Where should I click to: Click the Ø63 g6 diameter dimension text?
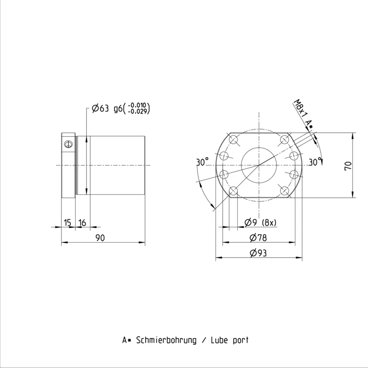107,109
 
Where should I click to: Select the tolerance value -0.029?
139,112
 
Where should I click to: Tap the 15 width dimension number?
67,222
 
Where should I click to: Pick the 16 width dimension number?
82,222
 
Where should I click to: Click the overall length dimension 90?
100,238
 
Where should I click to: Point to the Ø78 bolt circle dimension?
258,237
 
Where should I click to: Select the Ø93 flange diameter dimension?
258,253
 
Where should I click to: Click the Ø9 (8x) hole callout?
260,222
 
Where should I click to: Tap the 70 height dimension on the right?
348,166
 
